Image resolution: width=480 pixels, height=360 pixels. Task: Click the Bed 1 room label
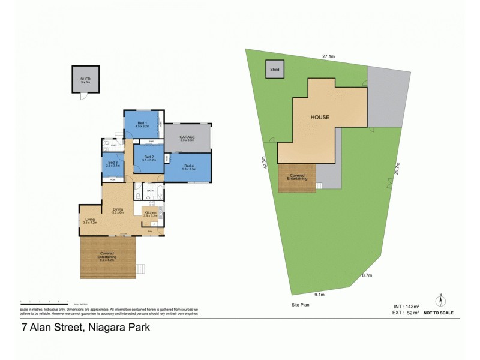coord(142,124)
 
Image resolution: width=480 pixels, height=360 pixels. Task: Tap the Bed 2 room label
coord(148,158)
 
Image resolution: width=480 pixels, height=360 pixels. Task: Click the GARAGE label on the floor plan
coord(187,137)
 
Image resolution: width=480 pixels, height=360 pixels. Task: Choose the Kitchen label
coord(150,213)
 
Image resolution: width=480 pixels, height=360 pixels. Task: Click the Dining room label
coord(118,210)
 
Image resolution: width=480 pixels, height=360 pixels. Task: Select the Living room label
coord(90,220)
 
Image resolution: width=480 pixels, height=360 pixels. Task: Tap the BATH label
coord(151,191)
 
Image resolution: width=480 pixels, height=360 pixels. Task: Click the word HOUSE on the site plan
coord(319,118)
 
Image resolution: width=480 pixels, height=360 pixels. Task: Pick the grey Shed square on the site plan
coord(275,70)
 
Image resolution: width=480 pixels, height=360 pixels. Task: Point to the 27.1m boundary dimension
coord(328,56)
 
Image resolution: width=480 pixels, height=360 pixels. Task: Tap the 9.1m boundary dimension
coord(320,295)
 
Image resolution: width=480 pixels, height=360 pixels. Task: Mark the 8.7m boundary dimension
coord(367,275)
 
